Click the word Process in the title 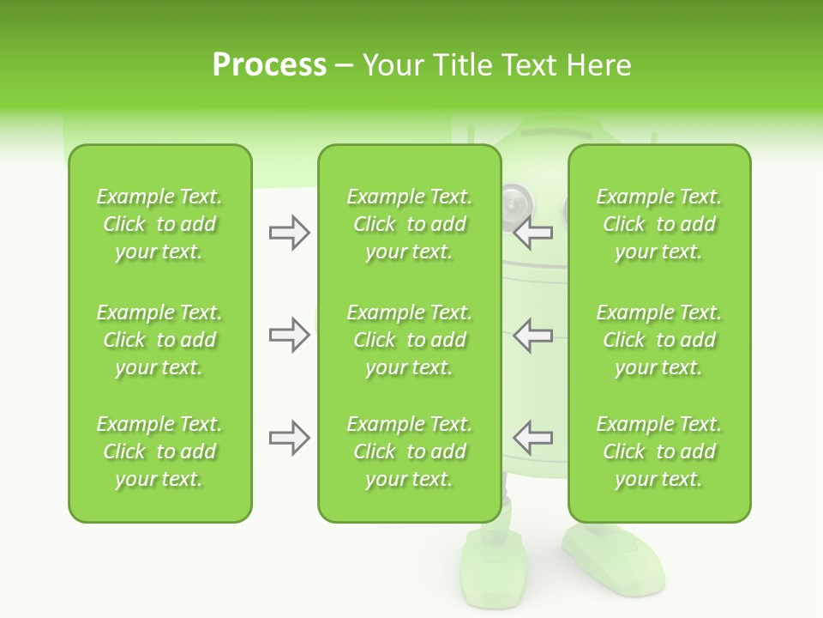click(x=269, y=64)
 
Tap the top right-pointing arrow click(x=289, y=232)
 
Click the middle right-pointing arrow click(x=289, y=335)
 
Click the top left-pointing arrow click(x=533, y=232)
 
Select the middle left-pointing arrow click(x=533, y=335)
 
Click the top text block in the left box click(x=159, y=224)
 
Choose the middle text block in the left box click(x=159, y=340)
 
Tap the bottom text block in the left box click(x=159, y=451)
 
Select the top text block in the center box click(x=409, y=224)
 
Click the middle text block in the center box click(x=409, y=340)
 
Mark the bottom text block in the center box click(x=409, y=451)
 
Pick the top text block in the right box click(x=658, y=224)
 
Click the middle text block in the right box click(x=658, y=340)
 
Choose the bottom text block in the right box click(x=658, y=451)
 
